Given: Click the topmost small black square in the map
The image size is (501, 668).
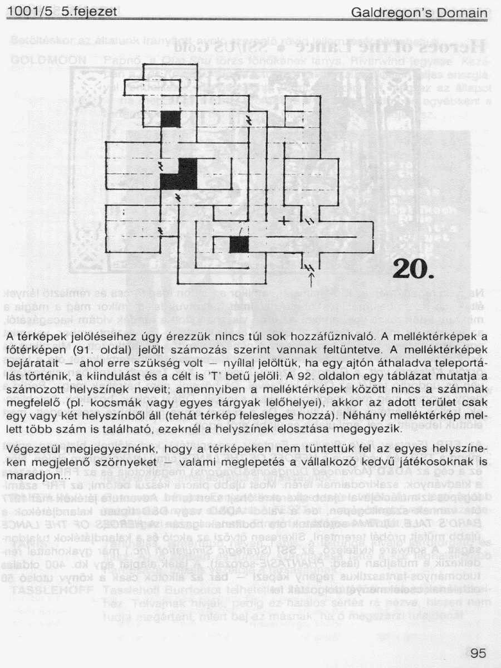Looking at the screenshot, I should [x=171, y=119].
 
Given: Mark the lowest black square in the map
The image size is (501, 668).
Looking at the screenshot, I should [x=239, y=244].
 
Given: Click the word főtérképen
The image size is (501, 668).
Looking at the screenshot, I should [x=38, y=351].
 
